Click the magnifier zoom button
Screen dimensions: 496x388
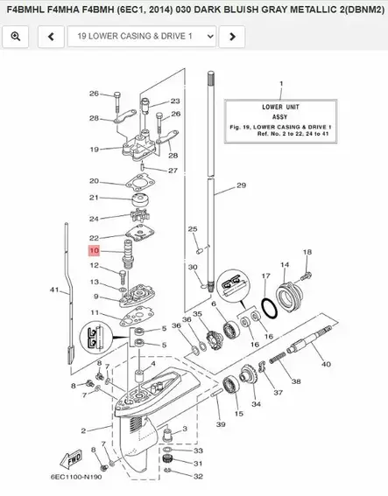[x=17, y=37]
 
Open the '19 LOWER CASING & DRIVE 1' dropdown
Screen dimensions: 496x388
[x=142, y=37]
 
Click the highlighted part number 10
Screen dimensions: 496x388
[x=94, y=251]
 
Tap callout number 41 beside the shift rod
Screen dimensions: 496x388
[x=54, y=290]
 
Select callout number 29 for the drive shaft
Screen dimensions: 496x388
[x=242, y=186]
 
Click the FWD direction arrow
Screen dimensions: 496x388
[x=71, y=458]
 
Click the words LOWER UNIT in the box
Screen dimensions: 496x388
[x=281, y=107]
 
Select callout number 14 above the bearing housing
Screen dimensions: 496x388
[x=285, y=263]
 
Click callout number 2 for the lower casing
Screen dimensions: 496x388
[x=84, y=430]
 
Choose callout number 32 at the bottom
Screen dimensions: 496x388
[x=198, y=477]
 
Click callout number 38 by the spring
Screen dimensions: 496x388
[x=296, y=382]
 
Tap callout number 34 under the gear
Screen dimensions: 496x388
[x=256, y=405]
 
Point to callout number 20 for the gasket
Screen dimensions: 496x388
[x=94, y=181]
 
